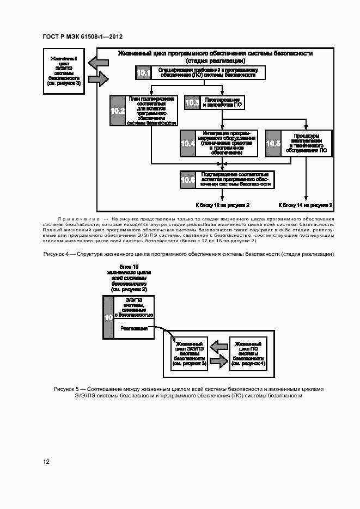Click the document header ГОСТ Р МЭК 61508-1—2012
coord(82,36)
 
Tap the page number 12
coord(47,462)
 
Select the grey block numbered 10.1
coord(143,72)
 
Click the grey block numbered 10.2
coord(118,111)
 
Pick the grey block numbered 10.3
coord(192,102)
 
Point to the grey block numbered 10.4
coord(188,144)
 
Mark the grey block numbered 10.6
coord(188,179)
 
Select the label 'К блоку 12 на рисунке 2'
coord(222,205)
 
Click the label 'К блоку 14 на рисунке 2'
coord(306,205)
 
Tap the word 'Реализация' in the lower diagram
coord(134,329)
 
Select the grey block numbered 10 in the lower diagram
coord(108,317)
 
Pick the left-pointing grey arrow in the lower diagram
coord(219,346)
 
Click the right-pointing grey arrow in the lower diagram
coord(218,360)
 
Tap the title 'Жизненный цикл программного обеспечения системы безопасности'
coord(215,53)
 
